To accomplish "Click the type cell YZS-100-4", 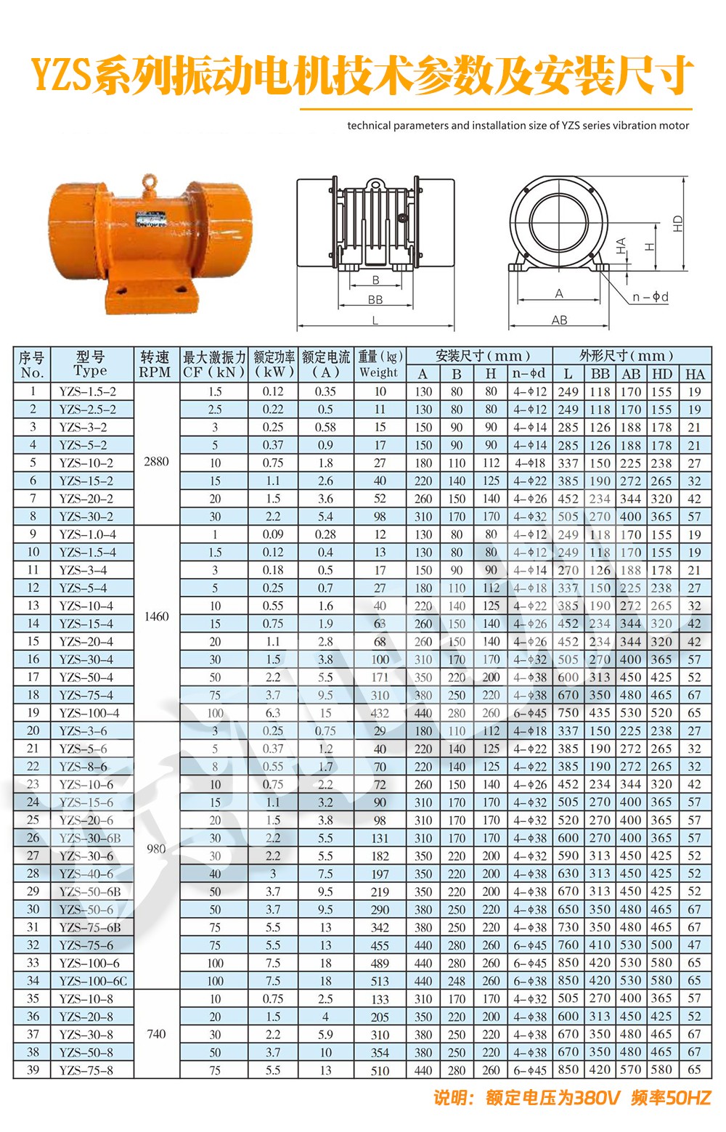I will click(x=89, y=713).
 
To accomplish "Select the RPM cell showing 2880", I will click(x=156, y=461).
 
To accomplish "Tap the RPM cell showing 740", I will click(x=156, y=1034).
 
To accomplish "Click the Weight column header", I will click(x=379, y=365).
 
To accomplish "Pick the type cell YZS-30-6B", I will click(x=90, y=838).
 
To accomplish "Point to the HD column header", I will click(x=661, y=374).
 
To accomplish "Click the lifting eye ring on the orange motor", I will click(x=150, y=179).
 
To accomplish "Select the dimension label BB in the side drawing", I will click(x=375, y=299).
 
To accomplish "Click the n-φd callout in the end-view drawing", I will click(x=650, y=296).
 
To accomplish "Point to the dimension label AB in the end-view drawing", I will click(x=559, y=319).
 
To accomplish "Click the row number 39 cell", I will click(x=33, y=1070).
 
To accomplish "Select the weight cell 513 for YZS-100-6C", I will click(x=380, y=981).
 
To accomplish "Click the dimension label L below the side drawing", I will click(x=375, y=320).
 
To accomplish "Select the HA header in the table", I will click(x=695, y=374).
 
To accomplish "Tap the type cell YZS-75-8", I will click(x=86, y=1070).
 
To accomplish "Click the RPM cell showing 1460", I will click(x=156, y=616).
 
